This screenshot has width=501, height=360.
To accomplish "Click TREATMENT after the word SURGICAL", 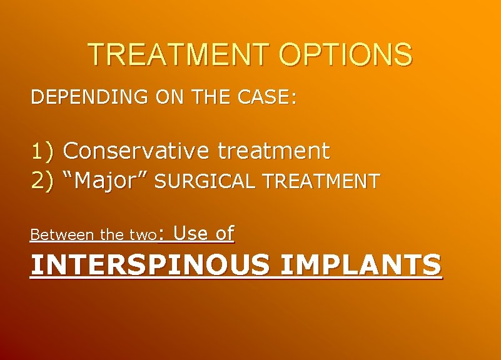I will (321, 182).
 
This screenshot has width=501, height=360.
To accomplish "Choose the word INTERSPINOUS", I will (150, 265).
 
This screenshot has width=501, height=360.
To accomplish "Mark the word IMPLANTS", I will (361, 265).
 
